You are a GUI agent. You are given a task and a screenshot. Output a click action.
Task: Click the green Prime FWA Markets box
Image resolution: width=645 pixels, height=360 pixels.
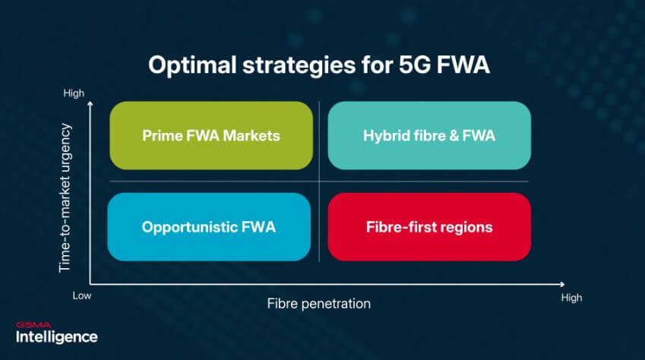tap(210, 135)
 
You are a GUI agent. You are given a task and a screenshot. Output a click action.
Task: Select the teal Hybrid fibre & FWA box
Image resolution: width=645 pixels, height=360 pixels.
tap(428, 135)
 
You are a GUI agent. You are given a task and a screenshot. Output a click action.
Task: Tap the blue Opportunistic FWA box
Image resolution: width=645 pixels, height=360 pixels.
tap(209, 227)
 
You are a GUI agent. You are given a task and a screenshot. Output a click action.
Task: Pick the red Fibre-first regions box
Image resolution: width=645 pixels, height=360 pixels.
tap(428, 227)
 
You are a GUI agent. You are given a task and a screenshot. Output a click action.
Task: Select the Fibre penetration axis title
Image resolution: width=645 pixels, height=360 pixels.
tap(318, 304)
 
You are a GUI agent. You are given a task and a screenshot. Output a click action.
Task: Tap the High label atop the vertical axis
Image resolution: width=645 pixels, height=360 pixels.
tap(74, 93)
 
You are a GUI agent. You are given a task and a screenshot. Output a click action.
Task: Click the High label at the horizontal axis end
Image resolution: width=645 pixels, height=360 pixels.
tap(571, 298)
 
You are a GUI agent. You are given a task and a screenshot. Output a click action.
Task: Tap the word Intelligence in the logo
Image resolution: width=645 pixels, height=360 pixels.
tap(56, 336)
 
